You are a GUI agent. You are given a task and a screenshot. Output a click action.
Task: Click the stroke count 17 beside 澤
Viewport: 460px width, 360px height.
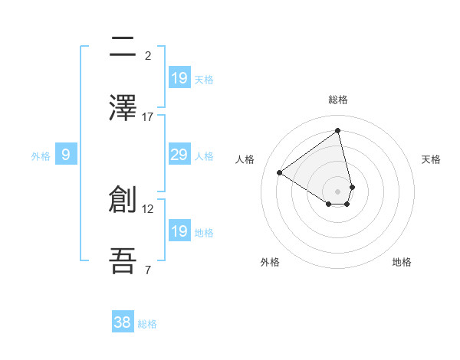coord(148,116)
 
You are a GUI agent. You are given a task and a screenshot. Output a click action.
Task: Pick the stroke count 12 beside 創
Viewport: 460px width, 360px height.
coord(148,208)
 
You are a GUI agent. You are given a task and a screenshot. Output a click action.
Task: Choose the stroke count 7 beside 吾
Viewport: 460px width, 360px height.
coord(148,270)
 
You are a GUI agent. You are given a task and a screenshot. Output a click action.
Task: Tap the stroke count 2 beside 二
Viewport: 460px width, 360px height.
coord(148,55)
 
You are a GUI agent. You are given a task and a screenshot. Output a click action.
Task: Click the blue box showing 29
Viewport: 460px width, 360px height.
coord(179,155)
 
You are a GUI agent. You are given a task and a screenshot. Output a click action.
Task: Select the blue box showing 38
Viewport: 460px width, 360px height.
coord(123,322)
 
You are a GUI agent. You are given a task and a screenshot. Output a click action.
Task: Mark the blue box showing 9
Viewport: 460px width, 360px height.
coord(66,155)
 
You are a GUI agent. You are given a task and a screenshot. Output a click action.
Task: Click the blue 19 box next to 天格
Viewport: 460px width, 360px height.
coord(179,77)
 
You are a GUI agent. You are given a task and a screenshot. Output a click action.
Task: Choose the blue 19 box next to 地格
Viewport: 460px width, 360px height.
coord(179,231)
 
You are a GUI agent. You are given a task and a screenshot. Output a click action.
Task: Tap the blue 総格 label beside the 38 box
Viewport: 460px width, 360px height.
coord(147,324)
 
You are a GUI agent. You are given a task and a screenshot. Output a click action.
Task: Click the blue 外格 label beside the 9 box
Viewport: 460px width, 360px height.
coord(41,156)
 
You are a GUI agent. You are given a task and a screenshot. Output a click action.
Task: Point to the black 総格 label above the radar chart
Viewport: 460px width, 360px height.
coord(338,100)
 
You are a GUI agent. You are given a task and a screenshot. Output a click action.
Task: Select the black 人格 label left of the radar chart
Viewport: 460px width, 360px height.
coord(245,159)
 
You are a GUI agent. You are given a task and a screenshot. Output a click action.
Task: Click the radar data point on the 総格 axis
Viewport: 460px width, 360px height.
coord(338,130)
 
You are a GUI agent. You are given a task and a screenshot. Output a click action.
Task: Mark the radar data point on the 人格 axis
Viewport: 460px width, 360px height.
coord(280,172)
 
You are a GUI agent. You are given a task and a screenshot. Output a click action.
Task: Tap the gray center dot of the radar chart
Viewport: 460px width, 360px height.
coord(338,191)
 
